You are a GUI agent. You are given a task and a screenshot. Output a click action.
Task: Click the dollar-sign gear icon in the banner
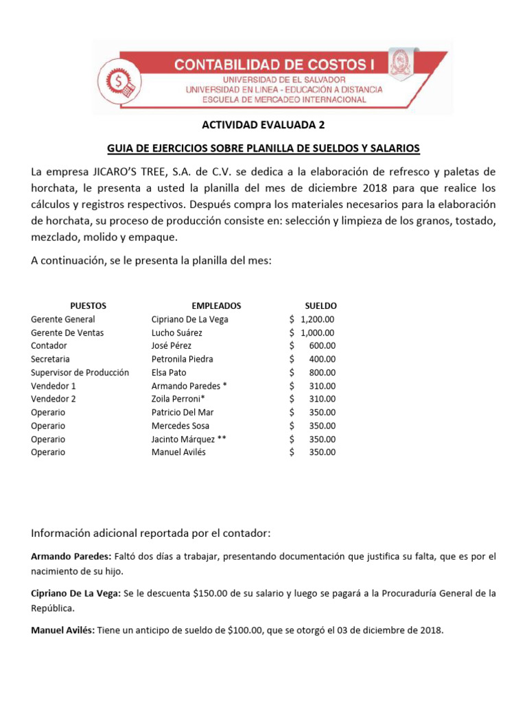click(119, 81)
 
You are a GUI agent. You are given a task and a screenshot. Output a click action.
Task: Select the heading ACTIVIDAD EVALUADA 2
click(263, 125)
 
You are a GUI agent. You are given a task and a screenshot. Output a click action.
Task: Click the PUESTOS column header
click(88, 306)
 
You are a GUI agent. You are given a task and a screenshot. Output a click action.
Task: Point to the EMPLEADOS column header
click(216, 306)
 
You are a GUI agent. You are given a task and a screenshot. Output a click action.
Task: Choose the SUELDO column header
click(320, 306)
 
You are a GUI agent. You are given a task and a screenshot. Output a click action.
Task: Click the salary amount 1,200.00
click(317, 319)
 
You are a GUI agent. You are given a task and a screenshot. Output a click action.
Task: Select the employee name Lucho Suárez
click(177, 332)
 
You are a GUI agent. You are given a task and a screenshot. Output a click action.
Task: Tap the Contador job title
click(49, 346)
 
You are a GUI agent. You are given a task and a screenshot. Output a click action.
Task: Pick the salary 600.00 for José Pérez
click(322, 346)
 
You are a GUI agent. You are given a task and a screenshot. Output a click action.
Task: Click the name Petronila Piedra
click(182, 359)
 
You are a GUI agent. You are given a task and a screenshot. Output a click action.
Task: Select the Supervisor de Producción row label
click(80, 373)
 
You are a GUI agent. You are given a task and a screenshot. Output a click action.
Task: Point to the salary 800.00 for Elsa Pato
click(322, 373)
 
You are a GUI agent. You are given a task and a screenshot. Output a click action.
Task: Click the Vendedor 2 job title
click(54, 399)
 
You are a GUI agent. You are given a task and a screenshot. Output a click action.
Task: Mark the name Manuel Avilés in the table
click(178, 452)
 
